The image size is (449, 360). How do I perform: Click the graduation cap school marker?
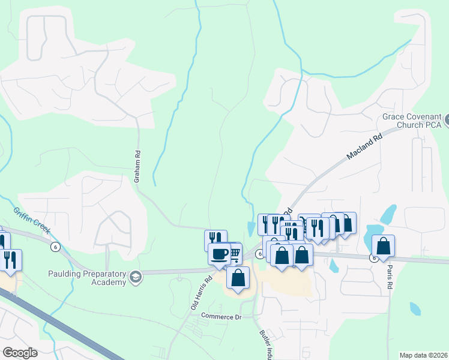coord(136,277)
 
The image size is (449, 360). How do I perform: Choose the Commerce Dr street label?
coord(220,316)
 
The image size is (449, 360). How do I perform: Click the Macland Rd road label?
coord(364,147)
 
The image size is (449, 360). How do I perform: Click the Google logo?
coord(20,353)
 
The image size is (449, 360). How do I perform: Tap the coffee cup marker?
coord(219,253)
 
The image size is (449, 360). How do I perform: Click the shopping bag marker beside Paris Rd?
coord(383,246)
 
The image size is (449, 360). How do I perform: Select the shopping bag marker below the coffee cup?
coord(238,277)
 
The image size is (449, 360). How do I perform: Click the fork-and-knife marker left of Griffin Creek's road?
coord(10,259)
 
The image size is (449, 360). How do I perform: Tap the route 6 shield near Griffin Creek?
coord(55,246)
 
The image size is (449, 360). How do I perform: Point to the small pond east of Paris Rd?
coord(415,308)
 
